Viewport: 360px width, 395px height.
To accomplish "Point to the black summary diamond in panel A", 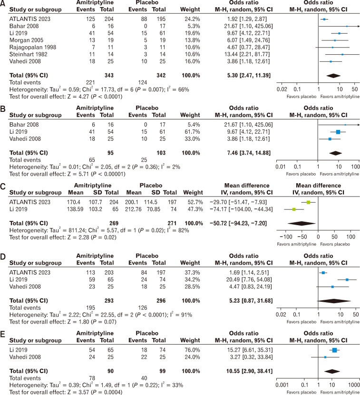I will coord(333,75).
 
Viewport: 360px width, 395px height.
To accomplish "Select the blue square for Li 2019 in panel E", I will coord(334,350).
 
